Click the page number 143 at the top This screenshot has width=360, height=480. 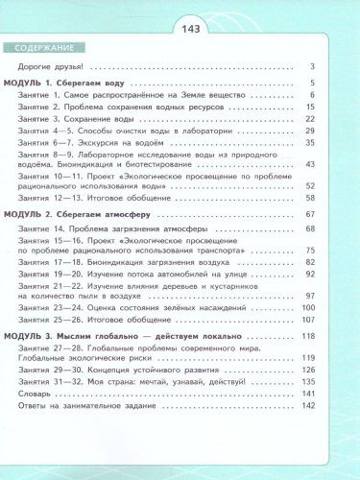pos(180,29)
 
